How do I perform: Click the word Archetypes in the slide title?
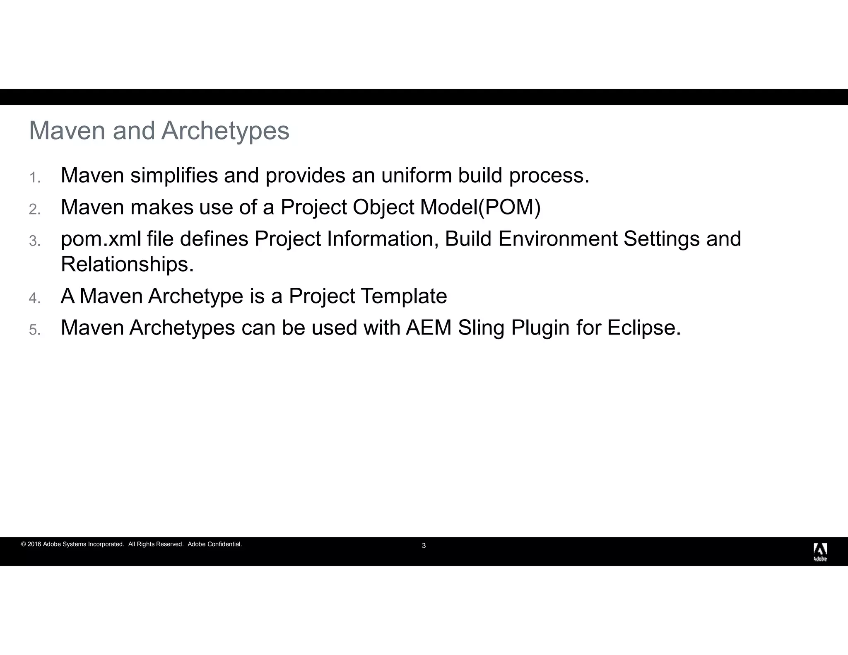pyautogui.click(x=225, y=131)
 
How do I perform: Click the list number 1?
pyautogui.click(x=34, y=178)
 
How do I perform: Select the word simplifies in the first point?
pyautogui.click(x=174, y=176)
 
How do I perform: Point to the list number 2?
pyautogui.click(x=34, y=210)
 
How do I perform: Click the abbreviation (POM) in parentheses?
pyautogui.click(x=509, y=207)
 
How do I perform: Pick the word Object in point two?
pyautogui.click(x=383, y=207)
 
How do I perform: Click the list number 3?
pyautogui.click(x=34, y=241)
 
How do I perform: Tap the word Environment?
pyautogui.click(x=558, y=239)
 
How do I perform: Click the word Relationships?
pyautogui.click(x=127, y=264)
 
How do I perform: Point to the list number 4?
pyautogui.click(x=34, y=298)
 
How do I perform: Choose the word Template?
pyautogui.click(x=404, y=296)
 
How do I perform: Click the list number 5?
pyautogui.click(x=34, y=330)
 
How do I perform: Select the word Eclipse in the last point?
pyautogui.click(x=643, y=328)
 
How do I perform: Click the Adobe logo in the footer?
pyautogui.click(x=820, y=552)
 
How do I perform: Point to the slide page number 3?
pyautogui.click(x=424, y=546)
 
